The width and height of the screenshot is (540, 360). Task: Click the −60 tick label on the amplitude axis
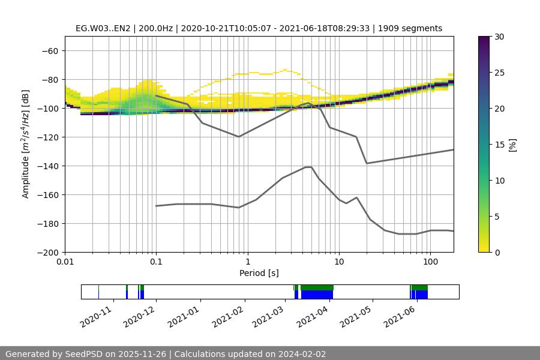tap(49, 50)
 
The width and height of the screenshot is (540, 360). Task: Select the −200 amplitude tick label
tap(47, 252)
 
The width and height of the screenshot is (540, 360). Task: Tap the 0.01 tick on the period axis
tap(65, 262)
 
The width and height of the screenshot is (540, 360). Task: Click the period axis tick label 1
tap(247, 262)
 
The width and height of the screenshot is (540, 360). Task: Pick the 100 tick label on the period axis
tap(430, 262)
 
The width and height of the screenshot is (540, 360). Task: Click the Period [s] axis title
tap(259, 273)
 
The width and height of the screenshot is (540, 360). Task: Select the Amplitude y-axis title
tap(25, 144)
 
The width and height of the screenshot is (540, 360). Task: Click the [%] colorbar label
tap(512, 144)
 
